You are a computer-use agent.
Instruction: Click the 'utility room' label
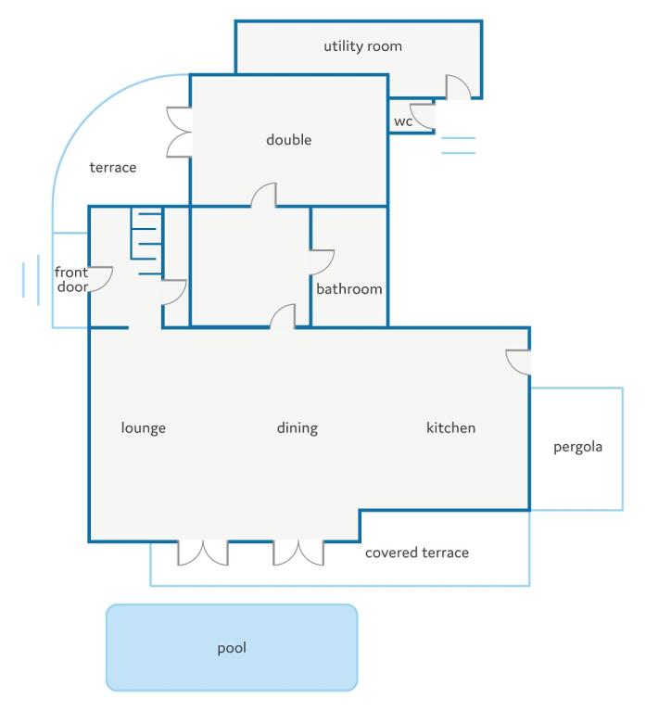(x=362, y=46)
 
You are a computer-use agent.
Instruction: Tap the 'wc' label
(x=403, y=121)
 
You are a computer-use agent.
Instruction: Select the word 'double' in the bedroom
(x=289, y=139)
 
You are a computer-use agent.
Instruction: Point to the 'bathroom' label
(x=349, y=289)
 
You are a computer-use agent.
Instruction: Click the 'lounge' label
(x=143, y=427)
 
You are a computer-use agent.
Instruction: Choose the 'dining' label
(x=298, y=427)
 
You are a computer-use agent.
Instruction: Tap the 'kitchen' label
(x=450, y=427)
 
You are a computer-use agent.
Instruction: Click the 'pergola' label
(x=578, y=447)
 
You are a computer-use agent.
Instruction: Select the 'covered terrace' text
(x=417, y=553)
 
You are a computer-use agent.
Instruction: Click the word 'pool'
(x=232, y=648)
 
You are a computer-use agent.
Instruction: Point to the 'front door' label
(x=71, y=279)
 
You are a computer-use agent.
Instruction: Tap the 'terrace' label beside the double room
(x=113, y=167)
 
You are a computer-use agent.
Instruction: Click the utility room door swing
(x=458, y=87)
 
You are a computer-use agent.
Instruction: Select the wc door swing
(x=423, y=116)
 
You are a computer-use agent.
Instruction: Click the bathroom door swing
(x=322, y=262)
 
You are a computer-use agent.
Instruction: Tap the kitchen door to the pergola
(x=518, y=362)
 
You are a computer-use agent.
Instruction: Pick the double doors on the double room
(x=179, y=133)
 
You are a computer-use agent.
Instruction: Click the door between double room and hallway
(x=264, y=196)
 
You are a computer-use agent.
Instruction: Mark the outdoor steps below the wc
(x=459, y=146)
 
